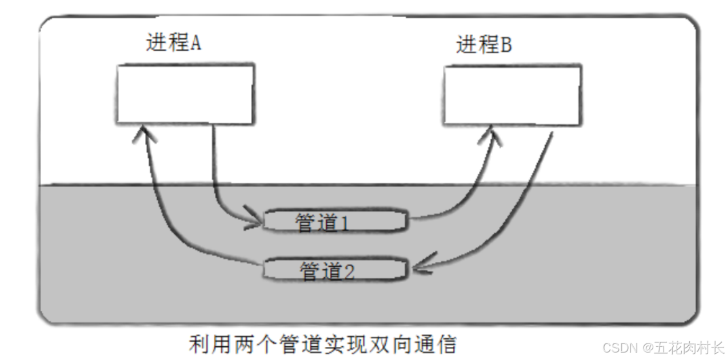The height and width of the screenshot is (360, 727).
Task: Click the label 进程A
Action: pos(173,44)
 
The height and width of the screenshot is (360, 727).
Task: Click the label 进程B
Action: pos(484,45)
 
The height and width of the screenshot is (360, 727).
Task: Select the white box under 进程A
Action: pos(185,94)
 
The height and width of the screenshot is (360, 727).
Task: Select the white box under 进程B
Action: pos(512,95)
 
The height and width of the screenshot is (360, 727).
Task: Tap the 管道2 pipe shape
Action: pos(335,269)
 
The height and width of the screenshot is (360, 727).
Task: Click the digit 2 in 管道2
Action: pos(349,271)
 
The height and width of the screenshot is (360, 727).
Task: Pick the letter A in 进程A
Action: pos(195,44)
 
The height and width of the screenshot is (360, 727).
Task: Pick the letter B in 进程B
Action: pos(506,45)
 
